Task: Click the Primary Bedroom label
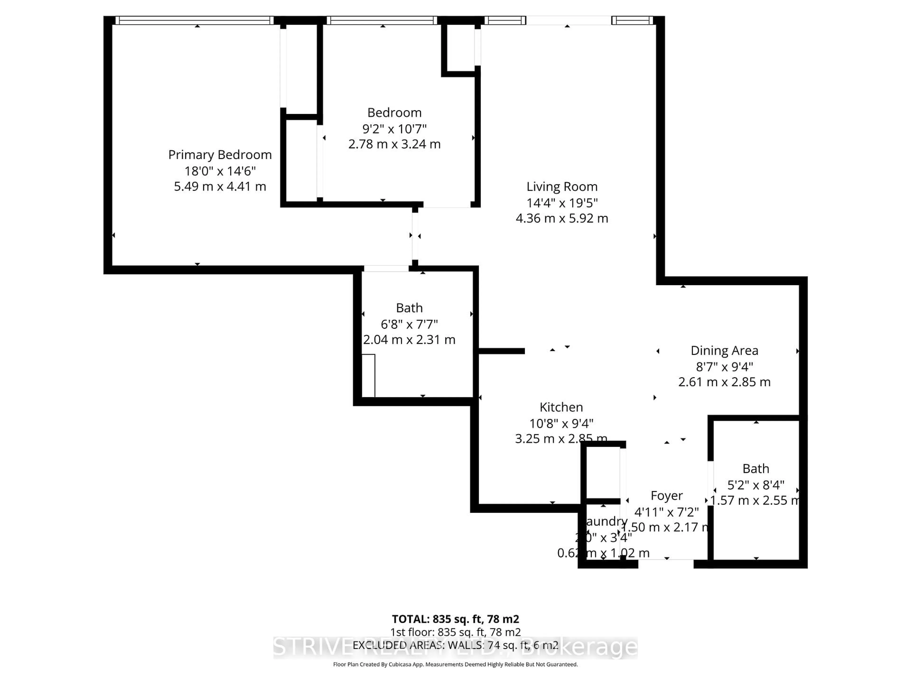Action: [220, 155]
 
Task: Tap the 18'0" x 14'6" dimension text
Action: [220, 171]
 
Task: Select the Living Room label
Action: [562, 186]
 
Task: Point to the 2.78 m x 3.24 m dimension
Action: [394, 144]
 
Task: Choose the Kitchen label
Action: [561, 407]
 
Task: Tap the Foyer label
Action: [666, 495]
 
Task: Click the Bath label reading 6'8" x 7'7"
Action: [409, 308]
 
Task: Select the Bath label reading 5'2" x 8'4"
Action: [755, 469]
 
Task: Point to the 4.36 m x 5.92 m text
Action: [562, 218]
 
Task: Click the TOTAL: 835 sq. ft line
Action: [455, 619]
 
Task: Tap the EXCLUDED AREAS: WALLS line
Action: [455, 645]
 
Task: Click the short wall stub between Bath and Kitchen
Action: [501, 351]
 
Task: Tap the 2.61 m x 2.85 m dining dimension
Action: [724, 382]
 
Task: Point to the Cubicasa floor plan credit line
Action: [455, 664]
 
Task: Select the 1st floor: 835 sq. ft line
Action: [455, 632]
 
